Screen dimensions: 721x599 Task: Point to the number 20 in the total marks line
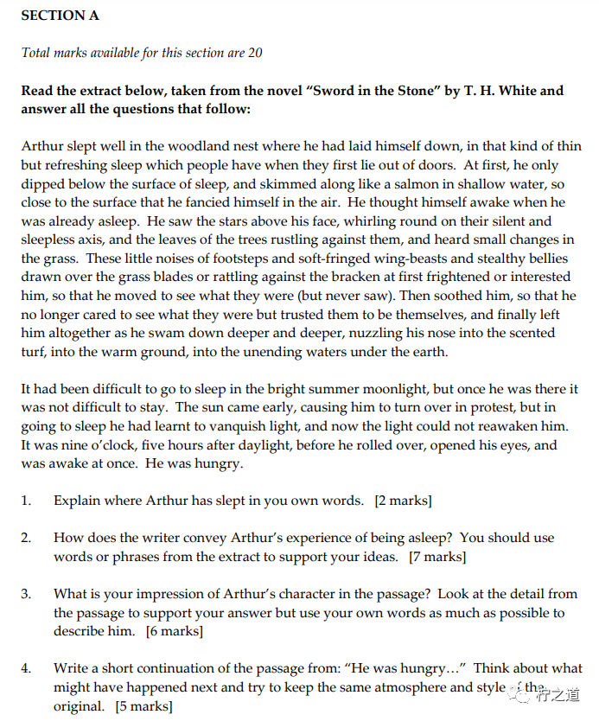pos(255,53)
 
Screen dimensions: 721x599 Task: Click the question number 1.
pos(26,501)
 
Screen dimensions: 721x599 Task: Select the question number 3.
pos(26,594)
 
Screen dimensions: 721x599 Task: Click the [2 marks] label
pos(403,501)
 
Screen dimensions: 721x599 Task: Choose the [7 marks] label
pos(437,557)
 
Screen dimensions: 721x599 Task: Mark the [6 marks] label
pos(175,631)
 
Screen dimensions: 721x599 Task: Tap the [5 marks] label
pos(143,706)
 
